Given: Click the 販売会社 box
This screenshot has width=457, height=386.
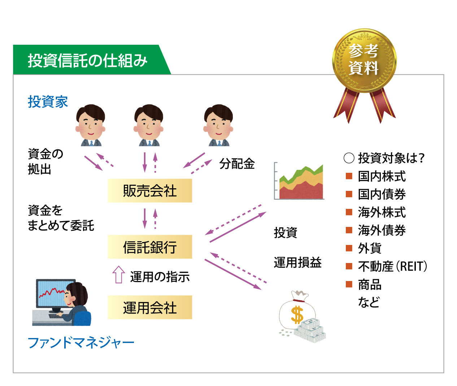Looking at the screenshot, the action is pos(150,190).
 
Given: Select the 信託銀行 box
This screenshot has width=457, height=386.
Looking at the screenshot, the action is pos(150,247).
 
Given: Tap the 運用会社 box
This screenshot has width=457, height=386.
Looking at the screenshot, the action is pos(150,307).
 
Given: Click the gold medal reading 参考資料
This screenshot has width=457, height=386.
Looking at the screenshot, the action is pos(364,60).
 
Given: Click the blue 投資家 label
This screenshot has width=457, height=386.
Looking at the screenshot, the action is pos(48,102).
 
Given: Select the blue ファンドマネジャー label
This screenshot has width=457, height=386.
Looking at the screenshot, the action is pos(81,343).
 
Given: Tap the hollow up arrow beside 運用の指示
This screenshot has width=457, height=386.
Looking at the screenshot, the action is pos(119,274).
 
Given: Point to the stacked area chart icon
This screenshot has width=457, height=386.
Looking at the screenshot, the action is pos(299,181).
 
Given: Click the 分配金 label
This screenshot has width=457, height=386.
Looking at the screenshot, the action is pos(237,164).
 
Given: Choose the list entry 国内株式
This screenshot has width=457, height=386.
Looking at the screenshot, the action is pos(382,176).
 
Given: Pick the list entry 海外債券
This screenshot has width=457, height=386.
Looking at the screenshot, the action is pos(382,230).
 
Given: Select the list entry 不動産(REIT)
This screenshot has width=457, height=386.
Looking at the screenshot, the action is pos(392,266).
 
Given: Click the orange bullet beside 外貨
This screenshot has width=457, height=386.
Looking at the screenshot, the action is pos(349,248).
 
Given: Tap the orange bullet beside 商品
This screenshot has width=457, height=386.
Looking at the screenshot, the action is pos(349,284).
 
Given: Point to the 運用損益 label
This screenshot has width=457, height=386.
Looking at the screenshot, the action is pos(297,263).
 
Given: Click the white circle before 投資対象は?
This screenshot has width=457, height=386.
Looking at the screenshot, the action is pos(349,158).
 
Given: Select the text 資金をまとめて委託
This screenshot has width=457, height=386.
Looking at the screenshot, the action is pos(61,218).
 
